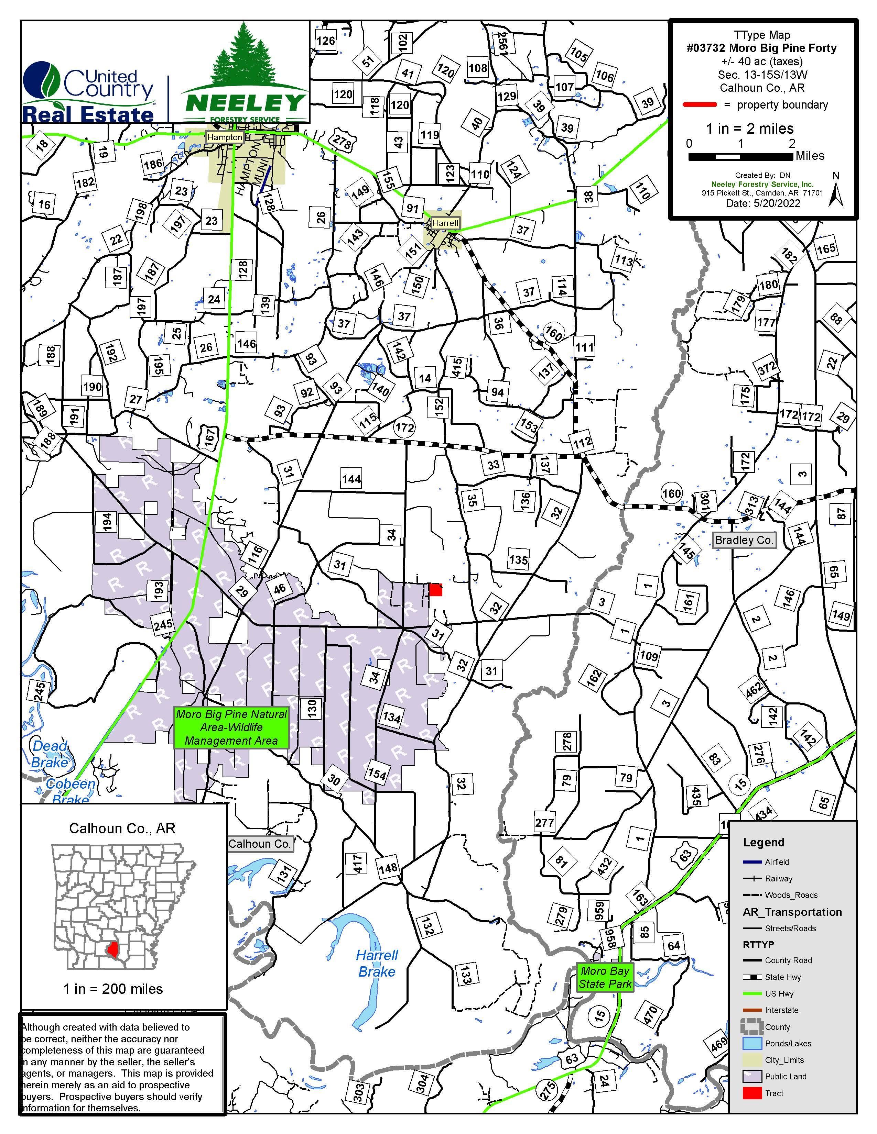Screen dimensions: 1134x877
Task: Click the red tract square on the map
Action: tap(435, 589)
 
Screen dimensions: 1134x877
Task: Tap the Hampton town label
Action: tap(225, 137)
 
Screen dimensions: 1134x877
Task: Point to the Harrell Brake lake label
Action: tap(377, 963)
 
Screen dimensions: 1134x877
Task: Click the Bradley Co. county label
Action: tap(744, 540)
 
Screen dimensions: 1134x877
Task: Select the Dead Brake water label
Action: tap(50, 754)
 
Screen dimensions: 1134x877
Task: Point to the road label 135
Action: tap(518, 560)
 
